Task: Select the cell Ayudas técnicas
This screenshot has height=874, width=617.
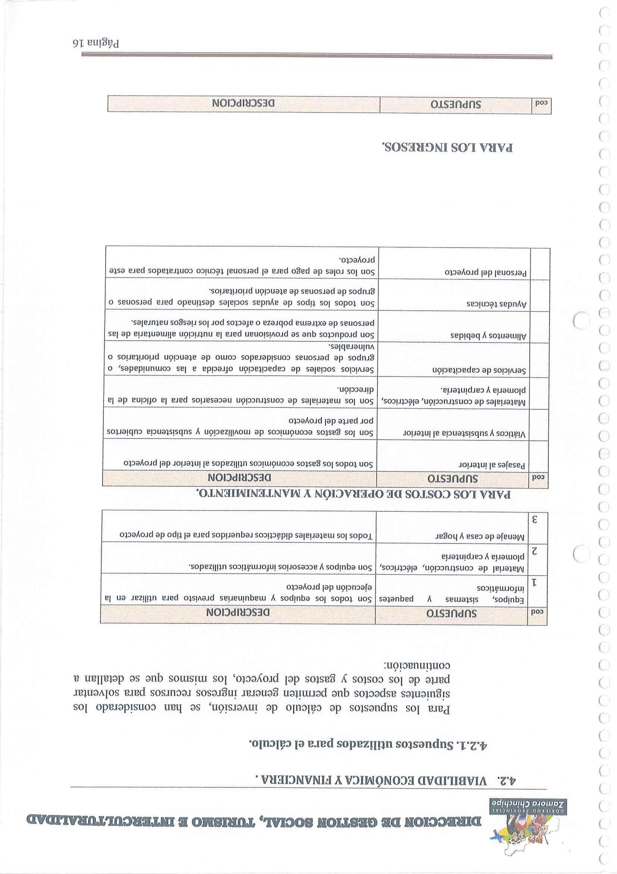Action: tap(497, 305)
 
